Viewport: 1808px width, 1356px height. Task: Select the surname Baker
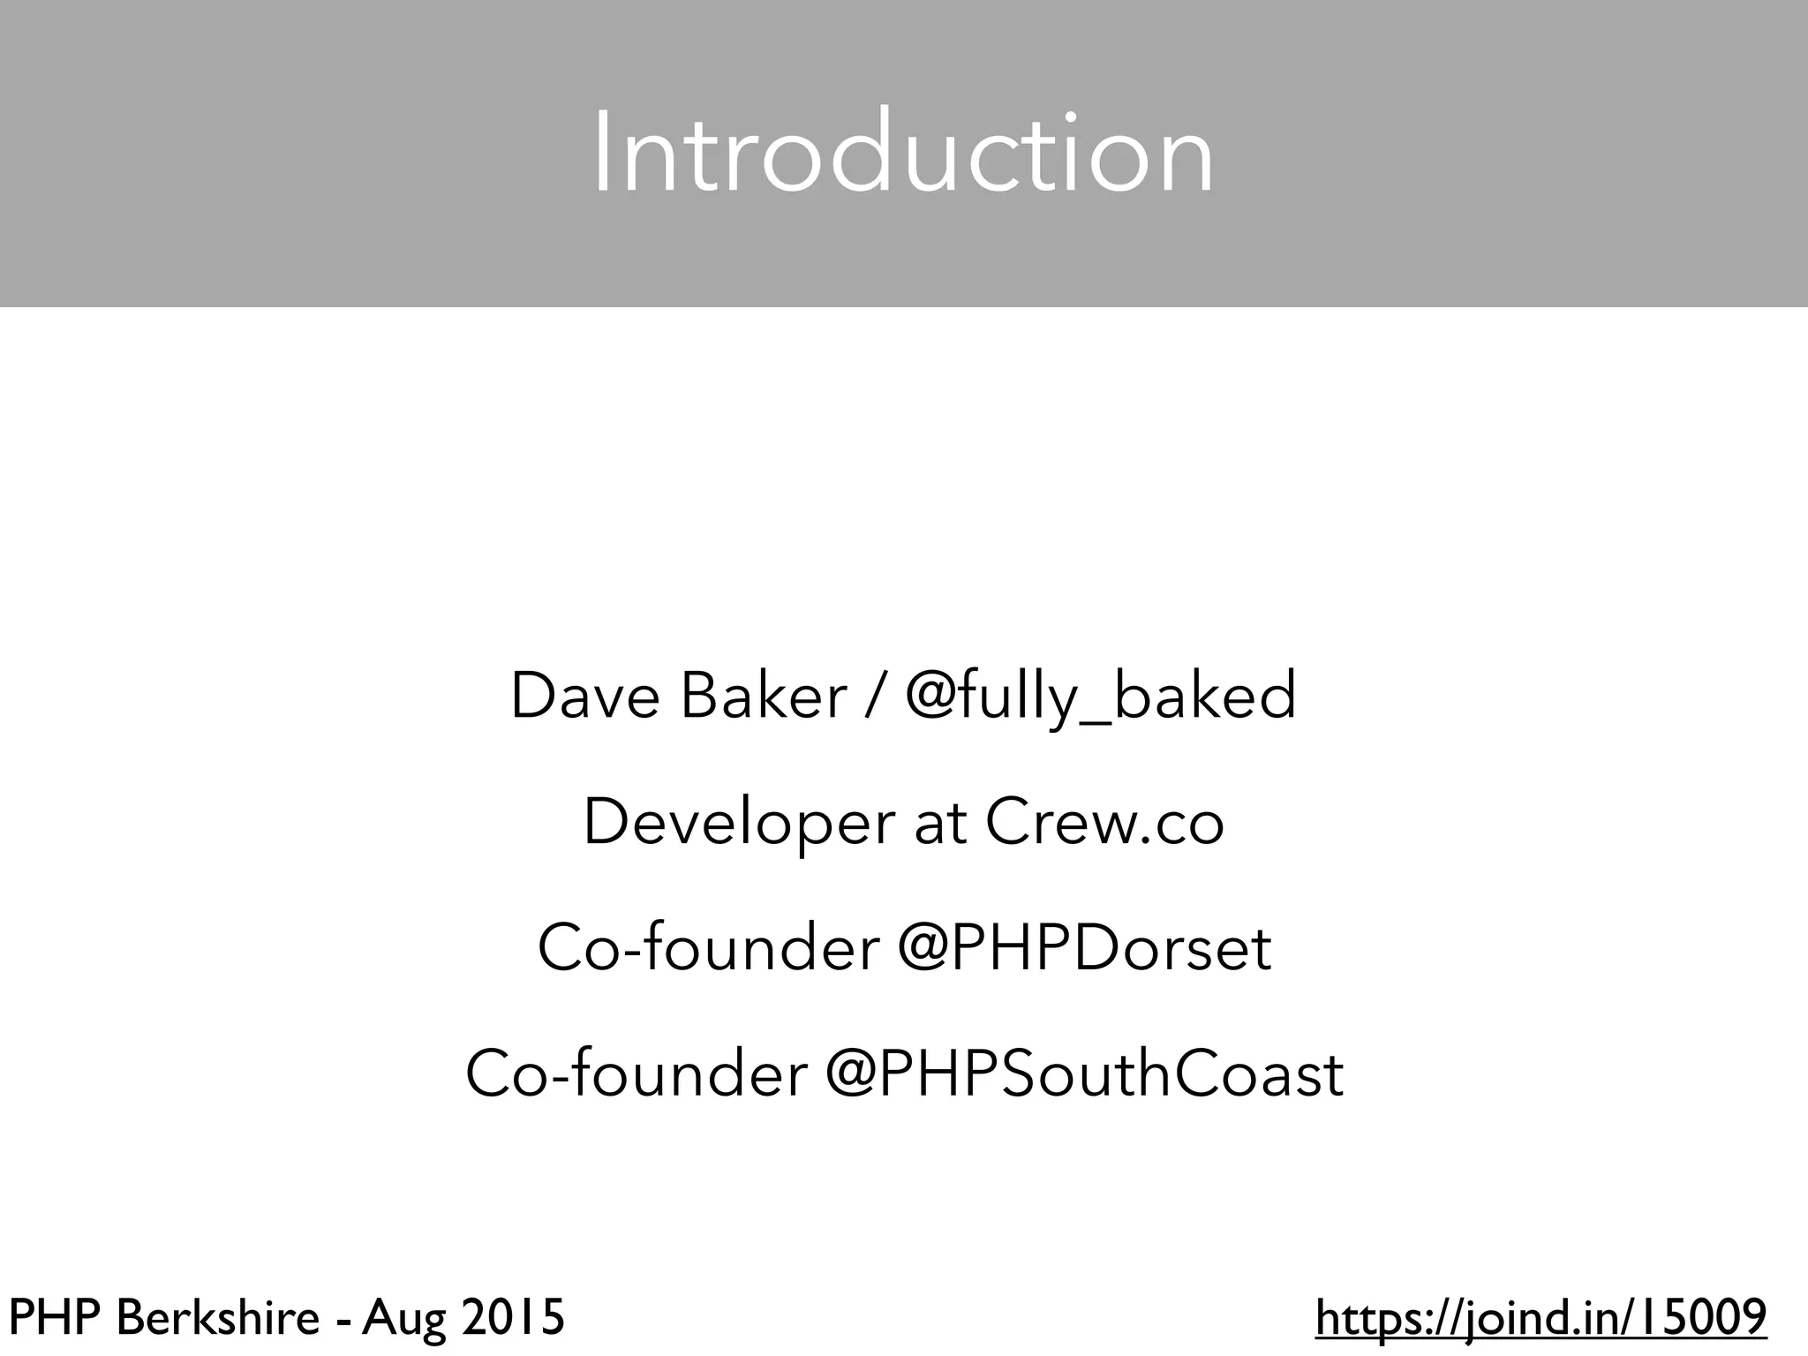tap(764, 696)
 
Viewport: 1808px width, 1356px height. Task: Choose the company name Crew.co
tap(1104, 822)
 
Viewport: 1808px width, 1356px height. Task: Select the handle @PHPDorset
tap(1085, 948)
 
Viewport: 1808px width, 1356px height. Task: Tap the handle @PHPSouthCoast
tap(1084, 1074)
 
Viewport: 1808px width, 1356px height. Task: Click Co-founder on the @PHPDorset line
tap(708, 948)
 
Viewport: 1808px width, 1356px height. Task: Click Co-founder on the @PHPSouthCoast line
tap(636, 1074)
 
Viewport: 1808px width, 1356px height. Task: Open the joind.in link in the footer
tap(1541, 1319)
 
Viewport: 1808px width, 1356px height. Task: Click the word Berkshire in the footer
tap(218, 1319)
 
